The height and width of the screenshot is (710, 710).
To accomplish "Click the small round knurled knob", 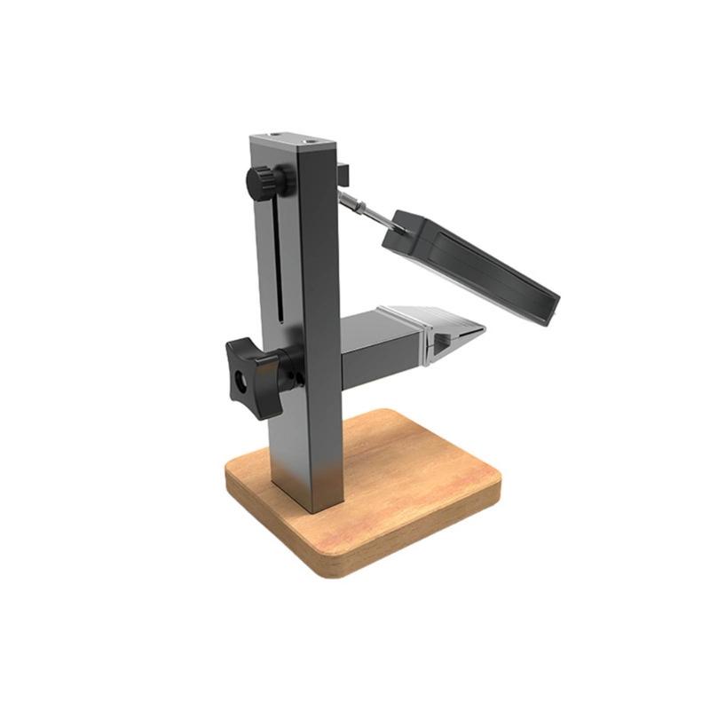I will tap(264, 183).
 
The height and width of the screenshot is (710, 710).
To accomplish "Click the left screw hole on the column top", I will tap(274, 137).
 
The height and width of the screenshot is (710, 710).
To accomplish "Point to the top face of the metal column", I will tap(293, 142).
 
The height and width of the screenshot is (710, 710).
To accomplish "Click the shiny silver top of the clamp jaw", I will tap(426, 314).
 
